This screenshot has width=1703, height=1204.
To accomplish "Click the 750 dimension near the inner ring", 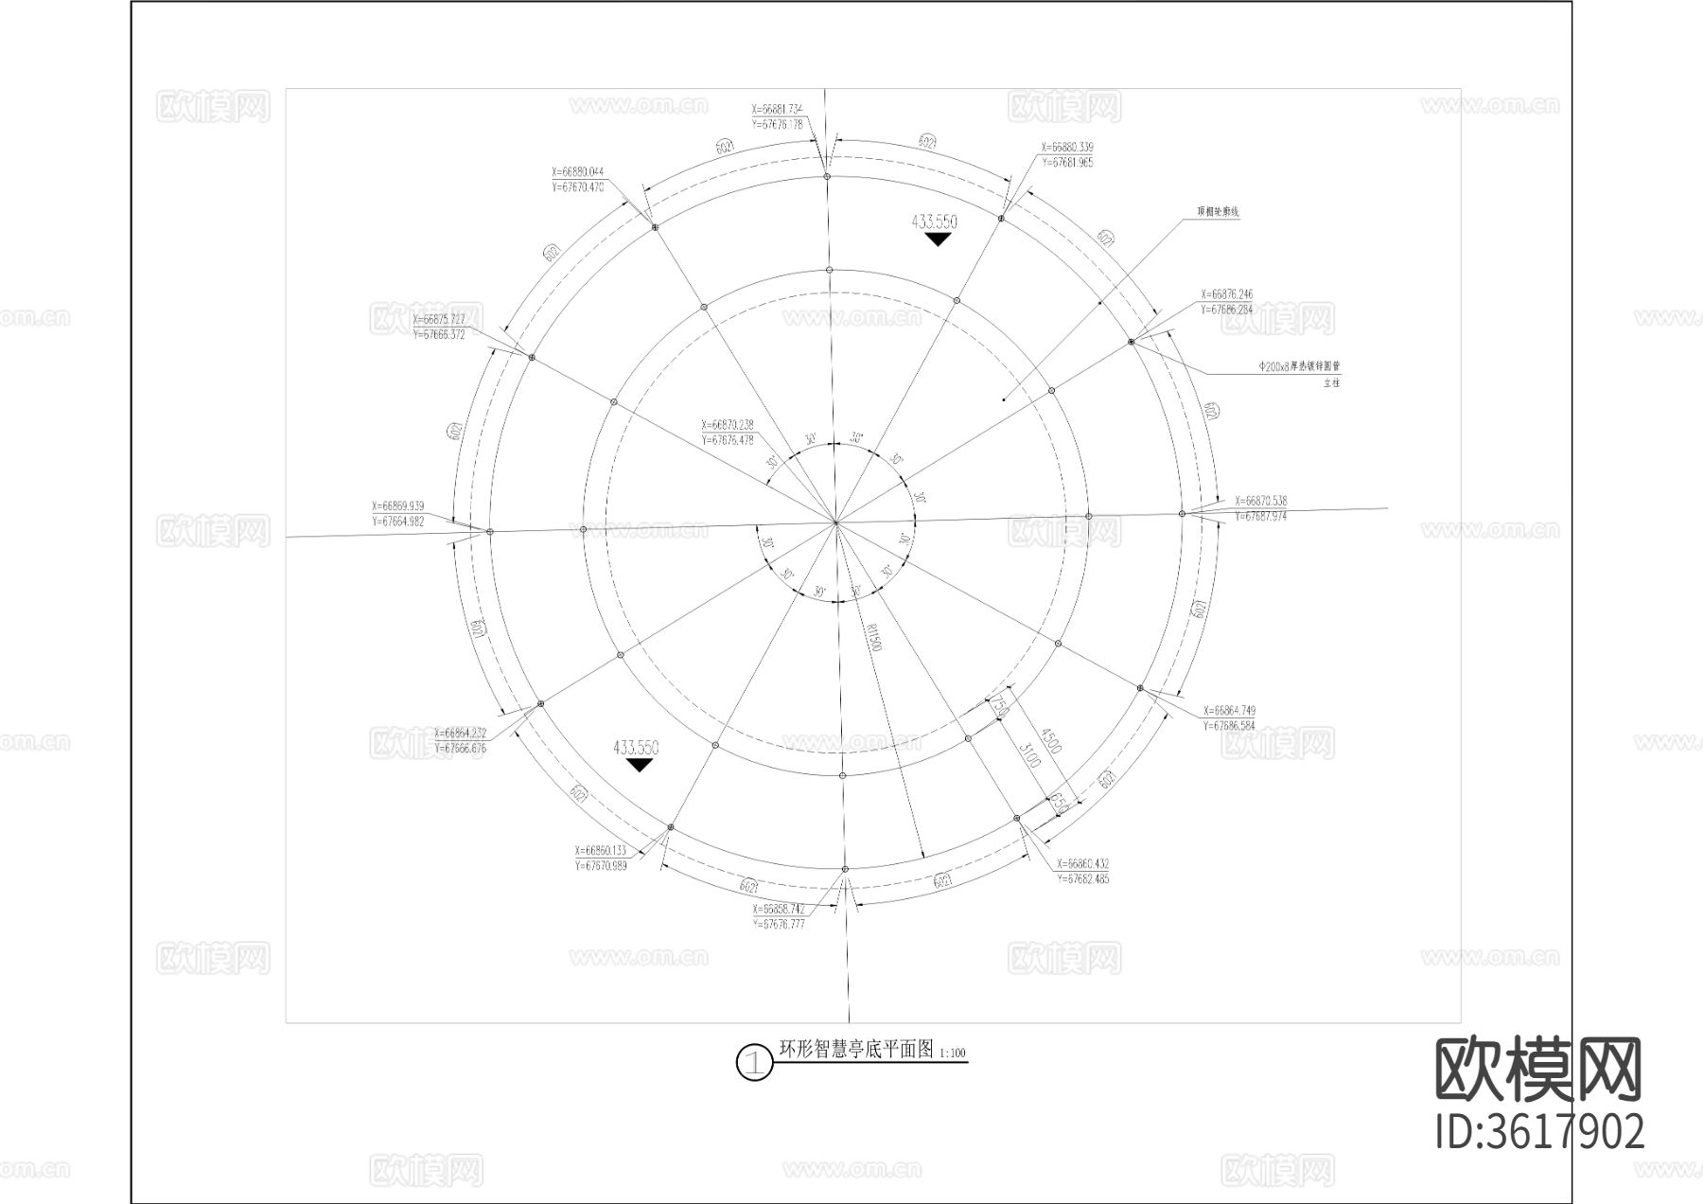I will [999, 706].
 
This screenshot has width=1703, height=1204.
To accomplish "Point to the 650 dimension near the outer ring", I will [1059, 804].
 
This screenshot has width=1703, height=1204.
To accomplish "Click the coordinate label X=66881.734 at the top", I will [777, 109].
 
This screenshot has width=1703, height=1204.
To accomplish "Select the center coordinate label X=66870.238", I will [728, 426].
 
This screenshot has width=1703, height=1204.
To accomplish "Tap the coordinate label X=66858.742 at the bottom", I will [779, 909].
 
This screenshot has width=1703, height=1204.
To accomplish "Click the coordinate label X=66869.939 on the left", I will [398, 506].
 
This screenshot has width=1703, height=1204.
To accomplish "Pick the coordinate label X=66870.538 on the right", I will [1261, 501].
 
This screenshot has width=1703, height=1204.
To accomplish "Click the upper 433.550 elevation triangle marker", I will [938, 240].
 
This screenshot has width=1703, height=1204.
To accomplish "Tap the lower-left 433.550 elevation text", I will [636, 748].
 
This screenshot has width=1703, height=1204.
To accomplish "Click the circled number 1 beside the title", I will [754, 1062].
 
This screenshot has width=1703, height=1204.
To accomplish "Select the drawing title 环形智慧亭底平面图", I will [855, 1050].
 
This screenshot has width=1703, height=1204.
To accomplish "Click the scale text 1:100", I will [953, 1053].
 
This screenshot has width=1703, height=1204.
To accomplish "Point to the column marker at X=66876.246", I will [1132, 342].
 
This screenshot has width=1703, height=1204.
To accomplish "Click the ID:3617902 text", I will [1540, 1131].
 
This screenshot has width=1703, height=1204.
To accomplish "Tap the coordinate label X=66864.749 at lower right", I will [1229, 711].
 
